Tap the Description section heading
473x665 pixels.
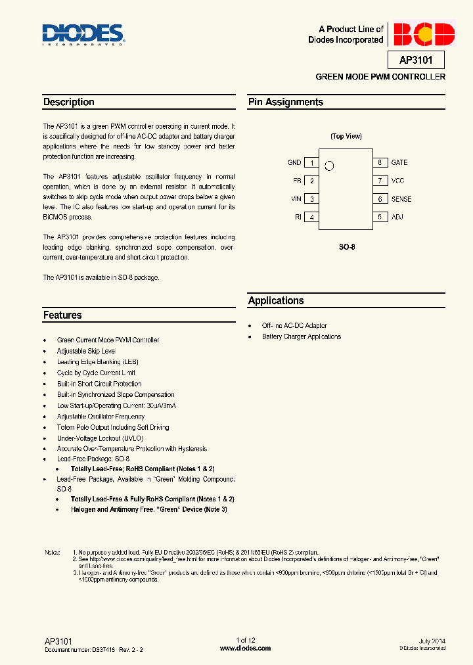(x=69, y=102)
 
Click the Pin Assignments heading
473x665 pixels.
(x=286, y=102)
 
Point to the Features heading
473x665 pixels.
(x=62, y=315)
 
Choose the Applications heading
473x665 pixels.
(x=276, y=300)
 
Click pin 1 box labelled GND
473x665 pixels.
(x=311, y=162)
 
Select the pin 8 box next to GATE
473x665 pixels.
(x=379, y=162)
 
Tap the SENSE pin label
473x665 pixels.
(x=401, y=199)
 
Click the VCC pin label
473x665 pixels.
(x=398, y=181)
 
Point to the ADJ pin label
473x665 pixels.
(x=397, y=217)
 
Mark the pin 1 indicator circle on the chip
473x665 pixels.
(x=330, y=166)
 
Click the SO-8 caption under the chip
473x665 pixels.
(x=346, y=247)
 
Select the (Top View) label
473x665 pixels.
(x=346, y=136)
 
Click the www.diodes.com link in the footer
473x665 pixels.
(x=245, y=648)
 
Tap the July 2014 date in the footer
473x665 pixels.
(x=432, y=640)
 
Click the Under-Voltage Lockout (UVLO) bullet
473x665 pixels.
(x=100, y=438)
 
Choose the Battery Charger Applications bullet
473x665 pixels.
(x=302, y=336)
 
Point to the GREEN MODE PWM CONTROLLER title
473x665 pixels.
(x=380, y=77)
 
